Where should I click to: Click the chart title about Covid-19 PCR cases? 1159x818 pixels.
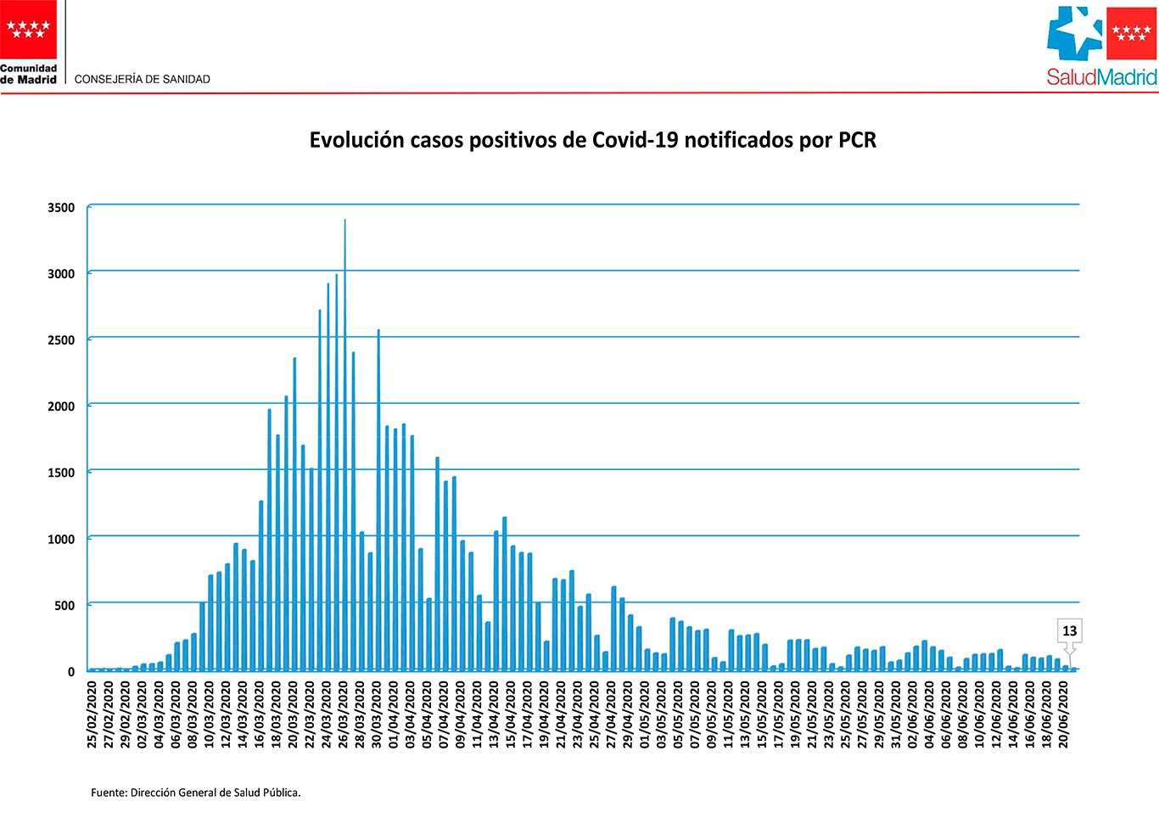(592, 141)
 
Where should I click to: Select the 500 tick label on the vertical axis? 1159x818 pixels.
(66, 606)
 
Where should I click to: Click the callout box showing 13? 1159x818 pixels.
(1069, 631)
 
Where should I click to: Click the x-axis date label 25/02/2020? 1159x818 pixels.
(92, 717)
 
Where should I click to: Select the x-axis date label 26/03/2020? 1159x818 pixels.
(344, 717)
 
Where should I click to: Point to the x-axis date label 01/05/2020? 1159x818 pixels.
(647, 717)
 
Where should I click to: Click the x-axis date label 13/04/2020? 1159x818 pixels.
(496, 717)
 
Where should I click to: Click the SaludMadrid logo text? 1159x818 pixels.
(1101, 78)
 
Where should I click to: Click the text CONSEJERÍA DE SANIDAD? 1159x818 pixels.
(143, 79)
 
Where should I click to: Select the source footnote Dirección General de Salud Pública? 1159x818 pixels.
(196, 793)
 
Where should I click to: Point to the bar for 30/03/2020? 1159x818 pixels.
(378, 501)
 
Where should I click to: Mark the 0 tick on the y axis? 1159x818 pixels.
(71, 672)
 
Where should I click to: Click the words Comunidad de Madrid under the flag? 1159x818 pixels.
(28, 74)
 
